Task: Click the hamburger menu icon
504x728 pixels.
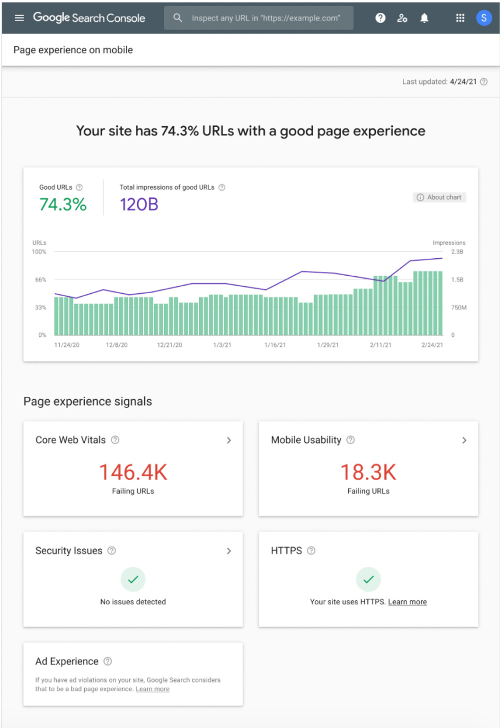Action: (x=19, y=18)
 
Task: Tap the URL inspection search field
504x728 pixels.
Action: (x=265, y=18)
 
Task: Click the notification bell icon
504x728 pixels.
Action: (x=424, y=18)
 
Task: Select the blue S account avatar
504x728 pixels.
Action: (x=484, y=18)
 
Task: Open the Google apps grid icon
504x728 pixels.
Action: (x=460, y=18)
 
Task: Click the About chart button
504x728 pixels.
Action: (x=440, y=197)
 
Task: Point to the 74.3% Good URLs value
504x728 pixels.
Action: (x=63, y=204)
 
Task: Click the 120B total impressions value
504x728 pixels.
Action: (x=139, y=204)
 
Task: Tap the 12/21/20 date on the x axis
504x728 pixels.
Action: (x=169, y=345)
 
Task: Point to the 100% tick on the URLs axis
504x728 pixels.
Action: (x=39, y=252)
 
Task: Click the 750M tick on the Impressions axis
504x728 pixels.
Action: (x=459, y=307)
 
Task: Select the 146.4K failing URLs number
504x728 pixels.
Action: (x=133, y=472)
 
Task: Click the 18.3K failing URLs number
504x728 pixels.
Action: (x=368, y=472)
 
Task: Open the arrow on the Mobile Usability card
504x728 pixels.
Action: (x=464, y=440)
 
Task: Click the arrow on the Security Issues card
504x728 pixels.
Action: (x=229, y=551)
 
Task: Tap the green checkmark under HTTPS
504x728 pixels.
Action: (x=369, y=579)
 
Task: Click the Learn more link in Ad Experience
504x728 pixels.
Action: (x=152, y=689)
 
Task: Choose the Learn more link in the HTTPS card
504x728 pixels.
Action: (x=407, y=602)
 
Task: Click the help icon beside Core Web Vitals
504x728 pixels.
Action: (x=115, y=440)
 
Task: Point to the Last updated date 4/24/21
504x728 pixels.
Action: (x=463, y=82)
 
